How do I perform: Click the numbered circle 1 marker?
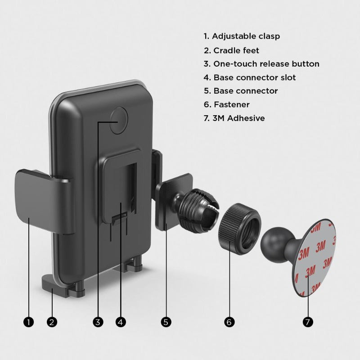click(x=28, y=322)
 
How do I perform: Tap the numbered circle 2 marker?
click(x=52, y=322)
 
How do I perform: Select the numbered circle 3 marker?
click(x=98, y=322)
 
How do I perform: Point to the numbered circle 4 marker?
click(x=121, y=322)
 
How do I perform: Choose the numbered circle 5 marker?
click(x=166, y=322)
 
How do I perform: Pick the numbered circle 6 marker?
click(x=229, y=322)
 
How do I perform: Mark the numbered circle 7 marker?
click(x=308, y=322)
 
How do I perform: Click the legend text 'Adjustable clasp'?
click(x=246, y=36)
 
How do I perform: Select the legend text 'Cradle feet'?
click(x=236, y=50)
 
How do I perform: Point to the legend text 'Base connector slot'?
click(x=255, y=77)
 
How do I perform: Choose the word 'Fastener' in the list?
click(x=232, y=105)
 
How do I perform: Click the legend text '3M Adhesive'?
click(x=239, y=118)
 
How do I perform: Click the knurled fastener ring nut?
click(x=239, y=229)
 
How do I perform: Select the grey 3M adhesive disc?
click(x=314, y=258)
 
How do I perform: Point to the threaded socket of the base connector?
click(x=198, y=210)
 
